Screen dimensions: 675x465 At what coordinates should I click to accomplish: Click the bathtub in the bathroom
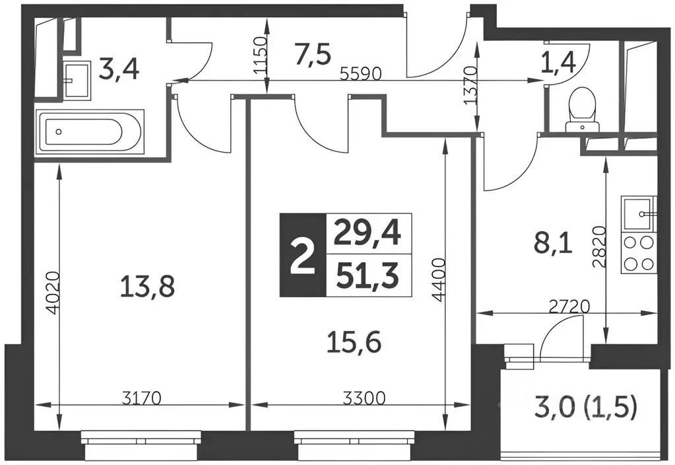[91, 131]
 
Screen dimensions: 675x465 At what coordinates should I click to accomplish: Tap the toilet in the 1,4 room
[582, 108]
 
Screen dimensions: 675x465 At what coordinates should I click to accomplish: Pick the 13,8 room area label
[148, 287]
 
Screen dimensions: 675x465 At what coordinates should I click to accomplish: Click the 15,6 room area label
[354, 343]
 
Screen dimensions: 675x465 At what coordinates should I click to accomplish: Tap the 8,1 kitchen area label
[553, 245]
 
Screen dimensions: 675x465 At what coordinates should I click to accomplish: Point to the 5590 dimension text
[361, 74]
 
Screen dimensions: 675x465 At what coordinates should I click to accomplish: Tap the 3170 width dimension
[141, 398]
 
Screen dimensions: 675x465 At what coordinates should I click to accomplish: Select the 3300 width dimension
[364, 398]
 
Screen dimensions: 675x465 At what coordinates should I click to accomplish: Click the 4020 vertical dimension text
[53, 293]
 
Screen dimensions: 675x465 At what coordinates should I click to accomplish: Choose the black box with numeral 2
[303, 255]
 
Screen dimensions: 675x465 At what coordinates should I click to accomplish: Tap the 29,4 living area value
[368, 234]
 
